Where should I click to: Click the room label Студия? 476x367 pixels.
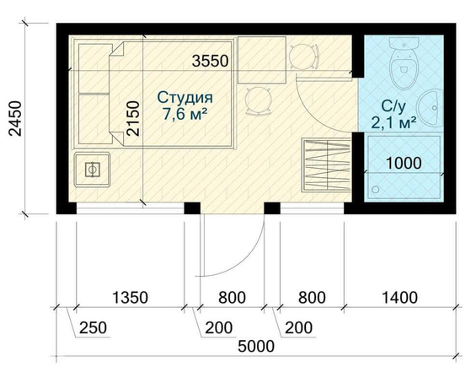tap(185, 98)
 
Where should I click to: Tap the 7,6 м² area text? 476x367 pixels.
tap(185, 115)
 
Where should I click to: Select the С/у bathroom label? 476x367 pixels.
tap(393, 107)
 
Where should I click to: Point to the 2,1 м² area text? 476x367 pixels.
tap(393, 123)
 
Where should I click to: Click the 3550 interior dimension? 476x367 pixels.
tap(210, 61)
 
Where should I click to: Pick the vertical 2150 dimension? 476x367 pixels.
tap(133, 119)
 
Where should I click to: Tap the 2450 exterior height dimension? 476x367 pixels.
tap(15, 119)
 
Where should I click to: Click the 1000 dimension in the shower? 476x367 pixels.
tap(404, 163)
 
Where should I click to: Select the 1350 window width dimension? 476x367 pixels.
tap(130, 297)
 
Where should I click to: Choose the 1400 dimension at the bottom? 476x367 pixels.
tap(399, 297)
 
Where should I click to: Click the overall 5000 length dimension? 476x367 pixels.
tap(256, 346)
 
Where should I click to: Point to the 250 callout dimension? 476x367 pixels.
tap(93, 328)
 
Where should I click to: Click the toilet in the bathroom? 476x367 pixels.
tap(404, 63)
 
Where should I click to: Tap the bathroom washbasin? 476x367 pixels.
tap(431, 108)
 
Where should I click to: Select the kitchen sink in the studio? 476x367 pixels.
tap(92, 170)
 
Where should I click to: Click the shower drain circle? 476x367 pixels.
tap(376, 190)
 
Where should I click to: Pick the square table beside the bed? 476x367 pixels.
tap(262, 60)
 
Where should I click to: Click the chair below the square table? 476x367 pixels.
tap(259, 100)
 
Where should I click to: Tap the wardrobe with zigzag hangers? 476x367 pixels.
tap(327, 165)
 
